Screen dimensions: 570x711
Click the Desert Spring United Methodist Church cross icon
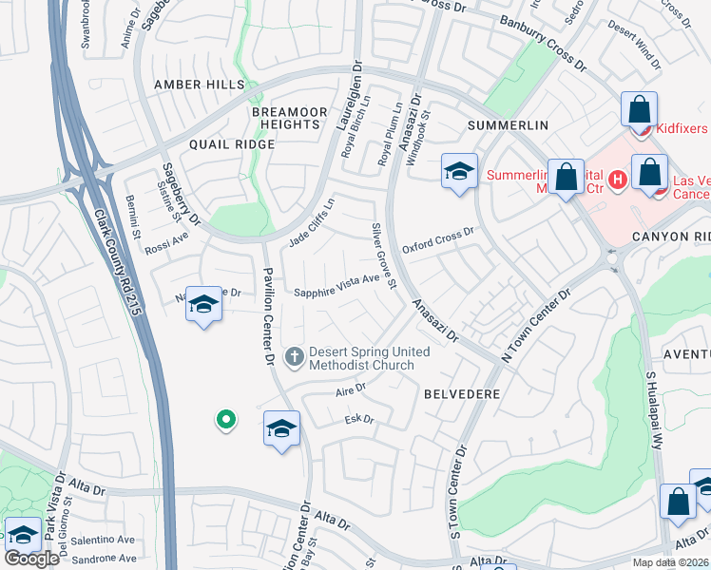pyautogui.click(x=295, y=357)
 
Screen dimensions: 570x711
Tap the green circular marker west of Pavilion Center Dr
pyautogui.click(x=225, y=419)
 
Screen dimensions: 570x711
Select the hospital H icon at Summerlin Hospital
pyautogui.click(x=618, y=178)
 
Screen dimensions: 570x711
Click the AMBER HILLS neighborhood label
pyautogui.click(x=199, y=85)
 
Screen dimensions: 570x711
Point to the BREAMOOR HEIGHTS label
pyautogui.click(x=284, y=118)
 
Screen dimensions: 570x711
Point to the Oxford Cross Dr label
pyautogui.click(x=437, y=237)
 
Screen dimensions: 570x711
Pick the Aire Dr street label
pyautogui.click(x=351, y=389)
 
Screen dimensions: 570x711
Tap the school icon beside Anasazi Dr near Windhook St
pyautogui.click(x=459, y=172)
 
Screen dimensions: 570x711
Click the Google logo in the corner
pyautogui.click(x=31, y=559)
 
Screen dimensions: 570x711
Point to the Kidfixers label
pyautogui.click(x=681, y=126)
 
